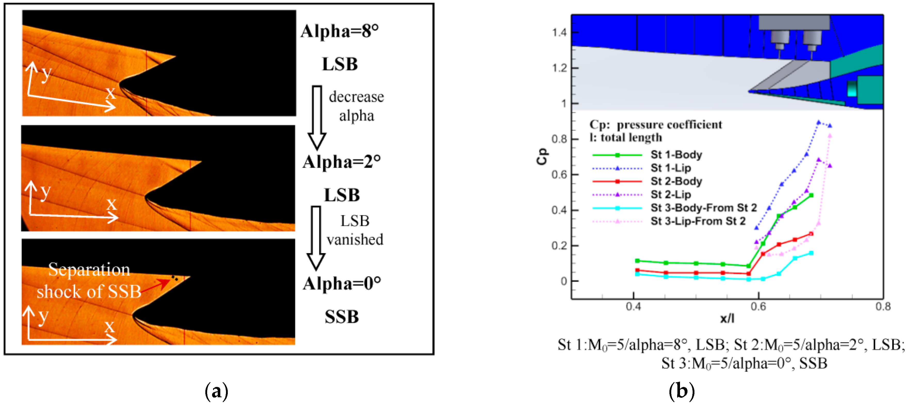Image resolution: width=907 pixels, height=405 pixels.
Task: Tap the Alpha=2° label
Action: click(x=341, y=162)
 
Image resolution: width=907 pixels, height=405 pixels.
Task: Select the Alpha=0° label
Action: click(x=342, y=284)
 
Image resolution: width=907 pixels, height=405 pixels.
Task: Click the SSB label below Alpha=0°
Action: click(x=342, y=317)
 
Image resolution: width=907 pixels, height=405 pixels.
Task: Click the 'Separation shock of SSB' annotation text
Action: click(x=89, y=280)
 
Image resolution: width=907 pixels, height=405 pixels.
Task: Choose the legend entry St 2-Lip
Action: click(x=670, y=195)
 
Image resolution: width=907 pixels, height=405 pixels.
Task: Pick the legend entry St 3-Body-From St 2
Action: click(x=703, y=208)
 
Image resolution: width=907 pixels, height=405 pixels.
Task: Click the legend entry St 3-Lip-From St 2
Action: click(x=698, y=221)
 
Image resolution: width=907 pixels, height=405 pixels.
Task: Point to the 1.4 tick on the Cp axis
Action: click(x=560, y=32)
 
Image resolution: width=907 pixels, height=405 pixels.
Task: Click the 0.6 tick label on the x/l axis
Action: click(x=758, y=307)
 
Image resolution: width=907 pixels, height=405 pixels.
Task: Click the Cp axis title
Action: click(x=542, y=156)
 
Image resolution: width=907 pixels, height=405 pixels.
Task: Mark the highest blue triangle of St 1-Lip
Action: click(x=819, y=122)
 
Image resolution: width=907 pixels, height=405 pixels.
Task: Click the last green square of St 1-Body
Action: click(x=811, y=195)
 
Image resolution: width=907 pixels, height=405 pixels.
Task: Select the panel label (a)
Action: click(x=216, y=391)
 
